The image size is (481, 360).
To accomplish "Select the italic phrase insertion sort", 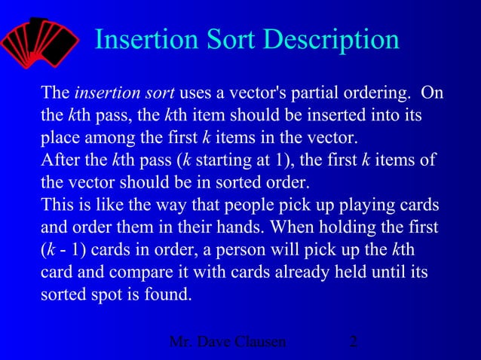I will pos(124,93).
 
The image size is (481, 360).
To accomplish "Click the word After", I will pos(59,161).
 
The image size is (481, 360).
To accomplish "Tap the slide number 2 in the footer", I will pos(354,343).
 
